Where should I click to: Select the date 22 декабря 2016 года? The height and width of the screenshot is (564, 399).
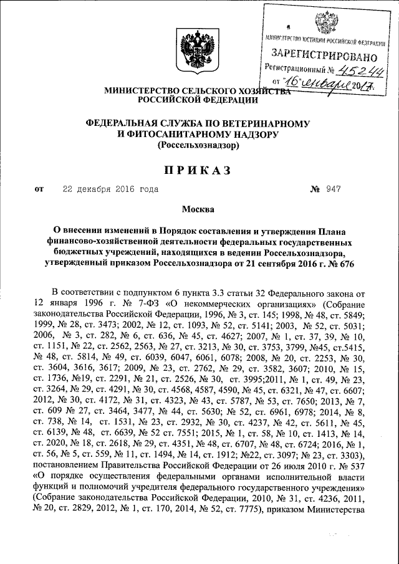110,188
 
